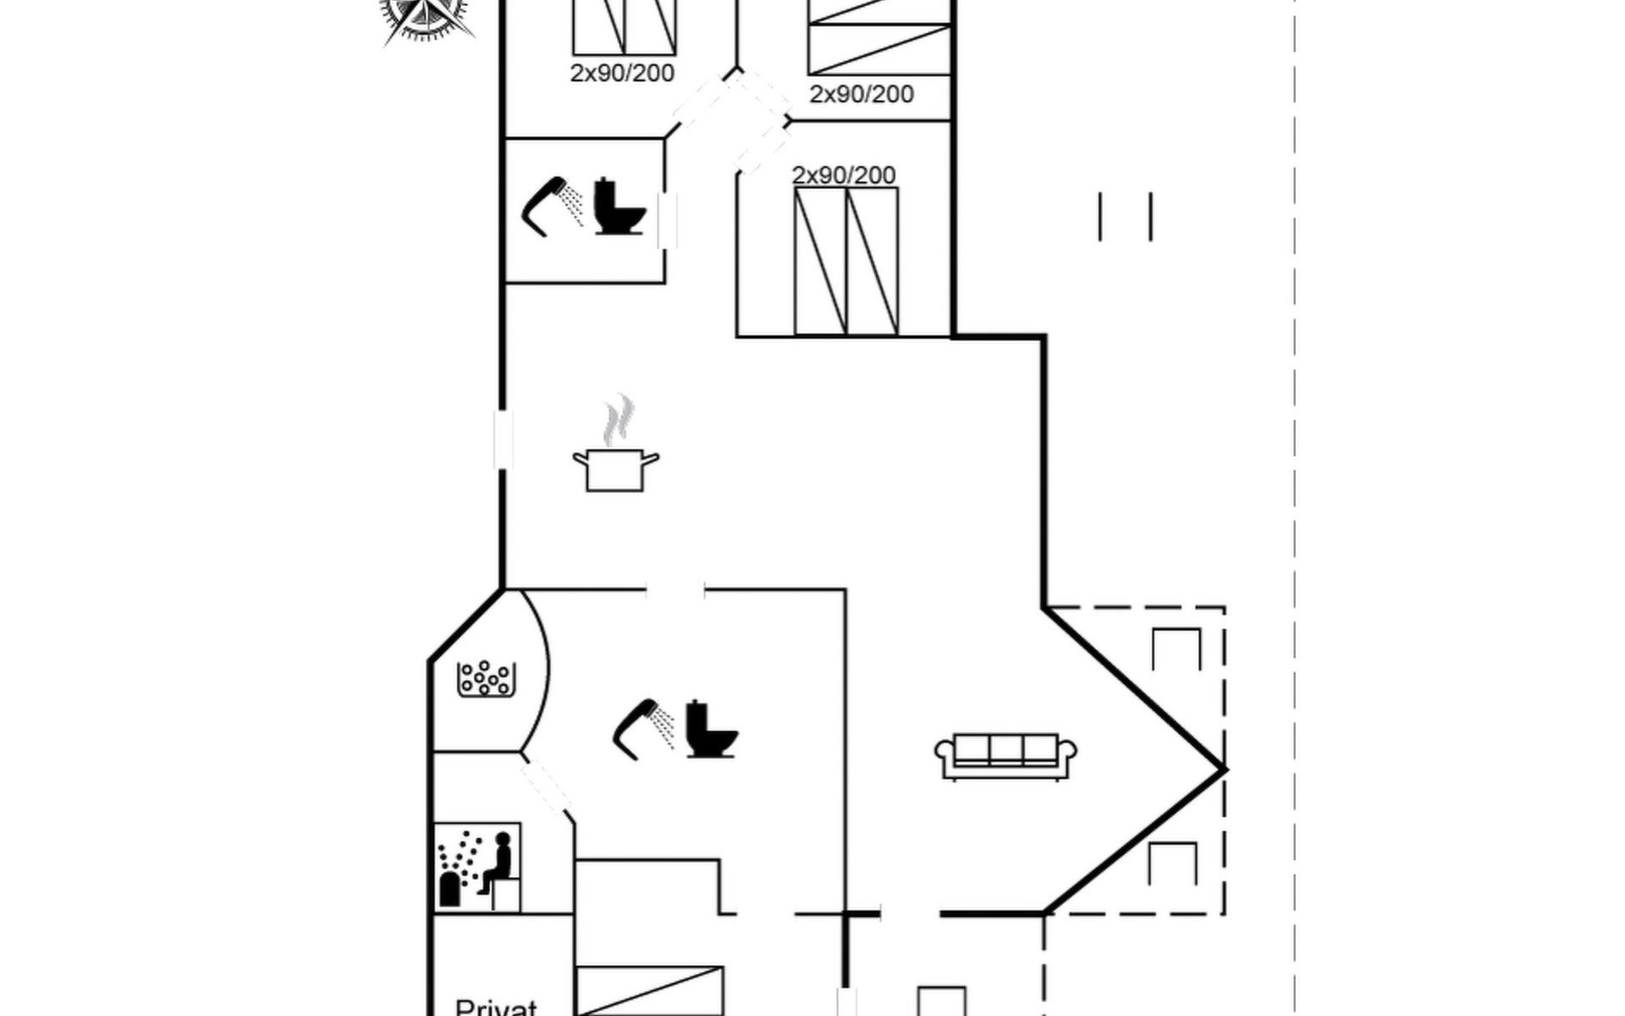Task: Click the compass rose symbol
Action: pyautogui.click(x=427, y=15)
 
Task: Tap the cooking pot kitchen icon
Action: pyautogui.click(x=615, y=470)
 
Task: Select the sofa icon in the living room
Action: pyautogui.click(x=1005, y=755)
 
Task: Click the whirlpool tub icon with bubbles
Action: pyautogui.click(x=486, y=678)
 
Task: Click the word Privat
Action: pyautogui.click(x=496, y=1007)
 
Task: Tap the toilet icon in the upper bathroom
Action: pyautogui.click(x=620, y=207)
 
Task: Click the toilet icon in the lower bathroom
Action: pyautogui.click(x=711, y=729)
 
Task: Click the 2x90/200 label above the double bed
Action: pyautogui.click(x=844, y=175)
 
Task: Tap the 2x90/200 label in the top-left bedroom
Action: pyautogui.click(x=622, y=74)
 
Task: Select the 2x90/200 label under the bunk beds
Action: pyautogui.click(x=862, y=94)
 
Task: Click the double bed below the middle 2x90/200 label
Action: pyautogui.click(x=846, y=261)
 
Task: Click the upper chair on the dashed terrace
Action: pyautogui.click(x=1176, y=649)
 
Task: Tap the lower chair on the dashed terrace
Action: pyautogui.click(x=1172, y=864)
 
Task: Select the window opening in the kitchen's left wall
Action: pyautogui.click(x=503, y=439)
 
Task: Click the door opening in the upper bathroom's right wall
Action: pyautogui.click(x=667, y=221)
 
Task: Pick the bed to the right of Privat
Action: pyautogui.click(x=650, y=991)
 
